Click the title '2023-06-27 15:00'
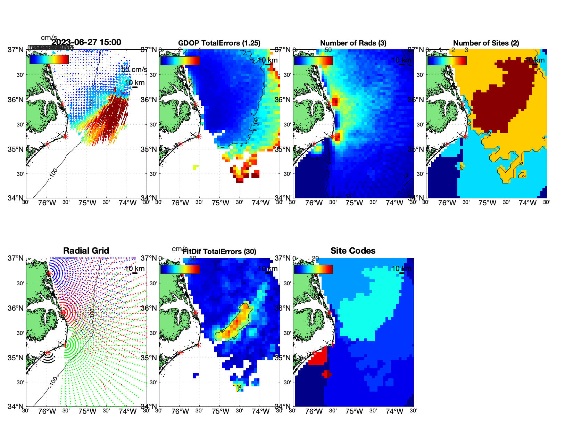pyautogui.click(x=86, y=42)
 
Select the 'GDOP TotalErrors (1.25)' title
pyautogui.click(x=219, y=43)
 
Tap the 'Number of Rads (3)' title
pyautogui.click(x=353, y=43)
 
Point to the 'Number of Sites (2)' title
pyautogui.click(x=486, y=43)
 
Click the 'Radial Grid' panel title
pyautogui.click(x=86, y=251)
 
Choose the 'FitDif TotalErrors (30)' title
pyautogui.click(x=219, y=252)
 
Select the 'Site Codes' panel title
pyautogui.click(x=353, y=251)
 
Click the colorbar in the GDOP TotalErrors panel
pyautogui.click(x=180, y=60)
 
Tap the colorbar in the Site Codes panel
pyautogui.click(x=313, y=269)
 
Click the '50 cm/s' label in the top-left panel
pyautogui.click(x=134, y=69)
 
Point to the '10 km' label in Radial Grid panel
pyautogui.click(x=134, y=269)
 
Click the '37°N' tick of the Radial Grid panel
pyautogui.click(x=16, y=258)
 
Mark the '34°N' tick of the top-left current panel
pyautogui.click(x=16, y=198)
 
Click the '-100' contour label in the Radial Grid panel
pyautogui.click(x=53, y=381)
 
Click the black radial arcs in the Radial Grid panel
pyautogui.click(x=49, y=358)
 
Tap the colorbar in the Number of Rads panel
pyautogui.click(x=313, y=60)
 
